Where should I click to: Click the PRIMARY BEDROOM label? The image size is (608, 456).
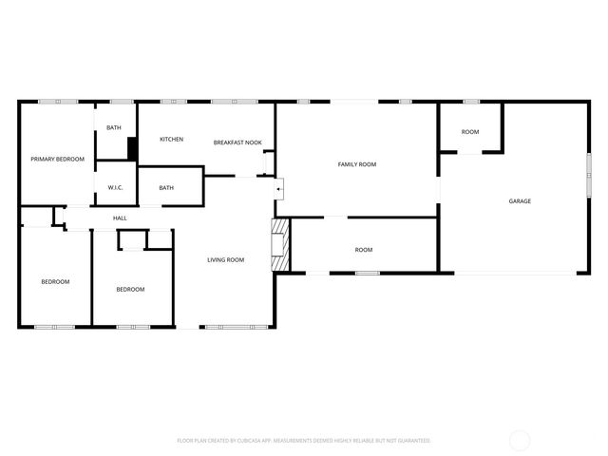(57, 159)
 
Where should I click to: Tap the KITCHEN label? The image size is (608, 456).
(171, 140)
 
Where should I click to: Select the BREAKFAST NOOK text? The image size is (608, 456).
(237, 142)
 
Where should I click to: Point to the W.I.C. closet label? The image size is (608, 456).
(116, 187)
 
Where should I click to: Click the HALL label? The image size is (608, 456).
(120, 218)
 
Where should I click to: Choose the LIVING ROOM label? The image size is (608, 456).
(226, 259)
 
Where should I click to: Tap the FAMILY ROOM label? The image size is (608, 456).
(357, 164)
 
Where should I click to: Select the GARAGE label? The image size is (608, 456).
(520, 201)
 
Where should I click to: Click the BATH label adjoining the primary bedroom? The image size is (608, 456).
(113, 127)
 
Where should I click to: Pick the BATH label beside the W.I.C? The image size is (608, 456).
(166, 187)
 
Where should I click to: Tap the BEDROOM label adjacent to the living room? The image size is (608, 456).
(130, 289)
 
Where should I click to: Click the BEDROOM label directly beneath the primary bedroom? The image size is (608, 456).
(55, 281)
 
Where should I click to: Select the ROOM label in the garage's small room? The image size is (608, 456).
(470, 132)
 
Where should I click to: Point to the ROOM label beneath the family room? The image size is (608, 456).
(364, 250)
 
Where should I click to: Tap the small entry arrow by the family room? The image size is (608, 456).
(278, 190)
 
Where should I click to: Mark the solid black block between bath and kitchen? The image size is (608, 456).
(133, 148)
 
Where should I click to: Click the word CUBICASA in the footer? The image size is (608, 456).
(253, 441)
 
